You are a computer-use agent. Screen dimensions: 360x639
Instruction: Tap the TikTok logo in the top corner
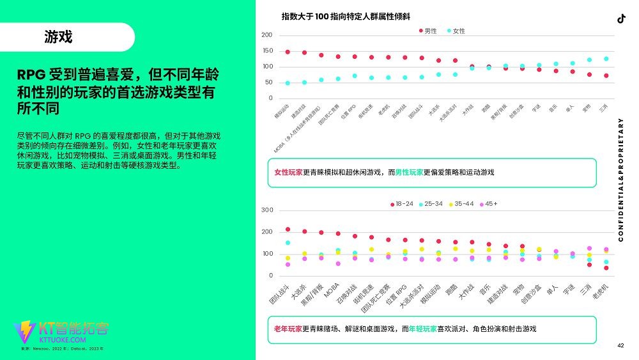620,19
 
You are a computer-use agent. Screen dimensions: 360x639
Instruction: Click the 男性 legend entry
427,31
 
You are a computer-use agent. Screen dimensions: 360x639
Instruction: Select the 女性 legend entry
456,31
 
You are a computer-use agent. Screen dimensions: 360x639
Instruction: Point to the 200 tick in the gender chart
267,35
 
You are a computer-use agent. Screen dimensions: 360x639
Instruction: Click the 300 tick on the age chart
267,210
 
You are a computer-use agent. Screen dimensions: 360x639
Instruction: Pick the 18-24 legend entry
401,204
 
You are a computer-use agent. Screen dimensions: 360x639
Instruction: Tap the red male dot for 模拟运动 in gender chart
288,52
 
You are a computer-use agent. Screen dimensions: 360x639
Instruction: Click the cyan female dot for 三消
606,59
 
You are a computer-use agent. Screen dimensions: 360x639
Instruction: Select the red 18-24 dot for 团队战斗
288,229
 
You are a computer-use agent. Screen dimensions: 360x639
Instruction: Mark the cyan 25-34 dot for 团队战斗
288,243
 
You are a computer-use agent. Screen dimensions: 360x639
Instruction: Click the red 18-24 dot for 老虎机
606,268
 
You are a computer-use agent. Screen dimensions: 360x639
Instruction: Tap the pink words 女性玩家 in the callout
288,173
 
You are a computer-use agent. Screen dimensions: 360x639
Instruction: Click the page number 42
620,346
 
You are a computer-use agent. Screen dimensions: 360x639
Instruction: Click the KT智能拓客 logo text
73,329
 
